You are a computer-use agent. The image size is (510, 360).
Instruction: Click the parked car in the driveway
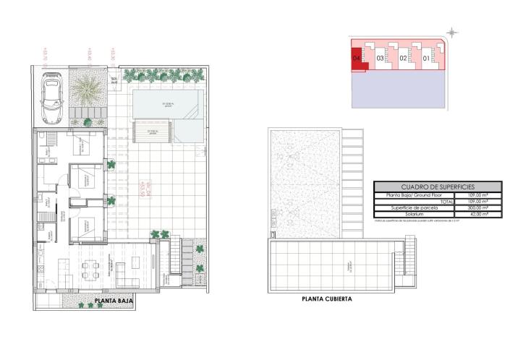coord(52,100)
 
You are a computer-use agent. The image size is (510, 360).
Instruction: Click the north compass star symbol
coord(453,32)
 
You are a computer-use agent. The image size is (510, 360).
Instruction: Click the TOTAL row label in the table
coord(442,201)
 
